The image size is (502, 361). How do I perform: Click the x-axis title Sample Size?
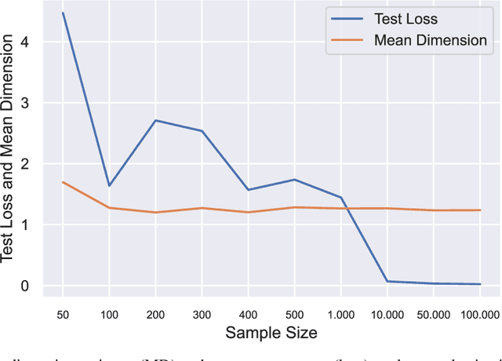(x=271, y=334)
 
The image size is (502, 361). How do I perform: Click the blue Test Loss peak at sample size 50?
(x=63, y=13)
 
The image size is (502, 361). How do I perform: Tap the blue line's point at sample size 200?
(x=155, y=120)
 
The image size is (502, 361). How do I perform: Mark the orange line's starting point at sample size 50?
(x=63, y=182)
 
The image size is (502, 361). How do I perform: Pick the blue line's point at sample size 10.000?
(x=387, y=281)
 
